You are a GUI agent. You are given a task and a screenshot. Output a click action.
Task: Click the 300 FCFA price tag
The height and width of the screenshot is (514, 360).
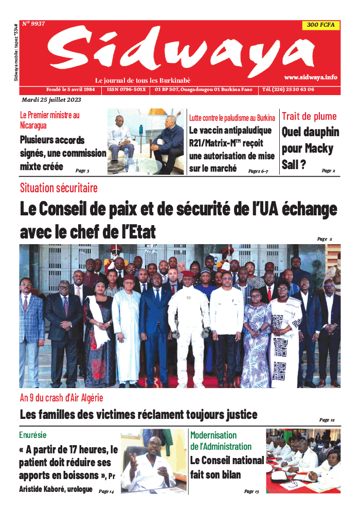321,25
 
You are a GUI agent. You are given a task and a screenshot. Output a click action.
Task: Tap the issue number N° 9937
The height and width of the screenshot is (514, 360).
33,24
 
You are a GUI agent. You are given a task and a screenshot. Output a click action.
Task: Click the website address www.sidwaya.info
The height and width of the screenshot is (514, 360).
311,77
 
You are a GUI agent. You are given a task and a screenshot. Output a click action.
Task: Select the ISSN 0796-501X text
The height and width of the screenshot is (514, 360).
126,89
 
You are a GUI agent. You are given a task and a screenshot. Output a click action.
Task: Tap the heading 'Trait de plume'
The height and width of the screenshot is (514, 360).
309,116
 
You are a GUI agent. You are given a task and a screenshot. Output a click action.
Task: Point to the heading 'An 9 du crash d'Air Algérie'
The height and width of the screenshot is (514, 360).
61,397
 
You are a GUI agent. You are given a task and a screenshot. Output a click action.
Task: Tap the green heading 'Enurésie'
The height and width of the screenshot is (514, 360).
33,435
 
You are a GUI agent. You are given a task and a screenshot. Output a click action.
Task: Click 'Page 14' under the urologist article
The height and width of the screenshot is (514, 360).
106,491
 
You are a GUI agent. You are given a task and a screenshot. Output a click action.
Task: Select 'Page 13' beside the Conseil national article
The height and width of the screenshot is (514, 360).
251,491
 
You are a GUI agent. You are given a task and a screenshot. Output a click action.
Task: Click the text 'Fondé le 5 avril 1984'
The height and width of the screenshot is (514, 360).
70,89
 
